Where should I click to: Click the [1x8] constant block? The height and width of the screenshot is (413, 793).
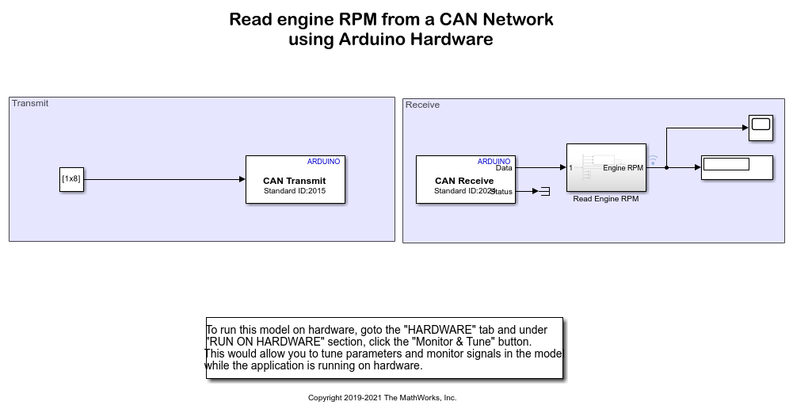click(x=71, y=179)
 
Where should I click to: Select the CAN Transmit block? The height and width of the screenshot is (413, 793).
click(x=295, y=180)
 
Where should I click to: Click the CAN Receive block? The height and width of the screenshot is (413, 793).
click(x=465, y=180)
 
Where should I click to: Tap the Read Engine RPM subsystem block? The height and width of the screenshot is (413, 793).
click(x=606, y=167)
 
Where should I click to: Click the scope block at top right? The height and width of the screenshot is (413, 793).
click(x=761, y=128)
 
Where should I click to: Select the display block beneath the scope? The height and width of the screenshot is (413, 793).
click(x=737, y=167)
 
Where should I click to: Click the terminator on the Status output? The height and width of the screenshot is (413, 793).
click(x=544, y=191)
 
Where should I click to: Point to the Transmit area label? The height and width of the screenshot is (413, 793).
click(x=30, y=103)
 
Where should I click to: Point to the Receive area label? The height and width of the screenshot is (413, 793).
click(x=422, y=105)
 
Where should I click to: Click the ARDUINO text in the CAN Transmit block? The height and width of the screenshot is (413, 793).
click(x=323, y=162)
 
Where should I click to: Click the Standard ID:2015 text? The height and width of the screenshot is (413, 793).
click(x=295, y=190)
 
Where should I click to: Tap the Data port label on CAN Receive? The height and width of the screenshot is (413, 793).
click(x=504, y=168)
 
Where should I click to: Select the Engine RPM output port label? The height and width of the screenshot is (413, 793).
click(x=623, y=168)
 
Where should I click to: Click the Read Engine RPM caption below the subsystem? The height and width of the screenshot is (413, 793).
click(x=605, y=199)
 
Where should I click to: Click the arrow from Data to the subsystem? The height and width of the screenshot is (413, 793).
click(x=540, y=167)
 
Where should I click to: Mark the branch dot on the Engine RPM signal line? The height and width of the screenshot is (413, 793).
click(x=666, y=167)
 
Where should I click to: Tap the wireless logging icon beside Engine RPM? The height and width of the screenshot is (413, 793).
click(x=653, y=160)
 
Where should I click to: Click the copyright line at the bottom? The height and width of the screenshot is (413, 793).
click(x=382, y=398)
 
